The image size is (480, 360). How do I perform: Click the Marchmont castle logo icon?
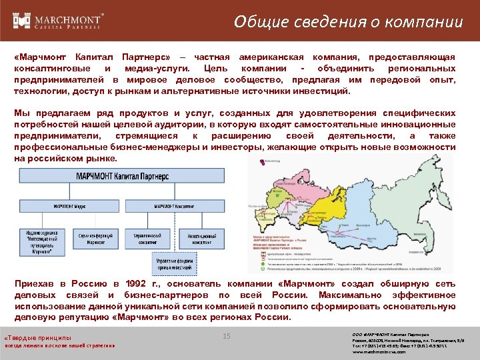[22, 21]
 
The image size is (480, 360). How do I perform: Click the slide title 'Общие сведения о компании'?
[348, 21]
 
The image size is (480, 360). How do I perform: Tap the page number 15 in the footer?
[226, 337]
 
